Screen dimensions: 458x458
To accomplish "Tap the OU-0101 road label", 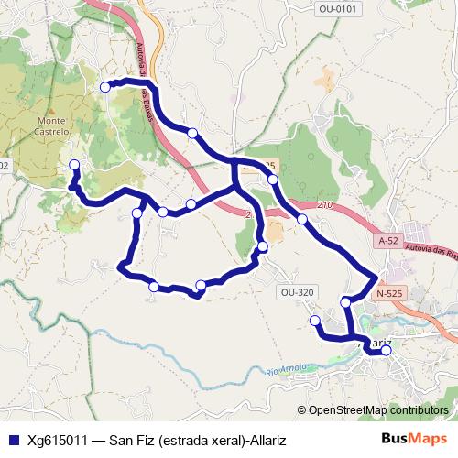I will click(338, 8).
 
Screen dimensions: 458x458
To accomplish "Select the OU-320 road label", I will click(296, 292).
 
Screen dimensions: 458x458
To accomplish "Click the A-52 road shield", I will click(388, 240).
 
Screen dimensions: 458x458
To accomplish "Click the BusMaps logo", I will click(415, 440).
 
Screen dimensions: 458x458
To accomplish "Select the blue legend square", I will click(12, 441).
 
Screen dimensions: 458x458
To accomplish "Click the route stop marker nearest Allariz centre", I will click(386, 350).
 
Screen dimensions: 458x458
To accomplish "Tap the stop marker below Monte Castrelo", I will click(74, 165).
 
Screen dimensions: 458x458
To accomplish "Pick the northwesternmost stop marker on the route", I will click(105, 87).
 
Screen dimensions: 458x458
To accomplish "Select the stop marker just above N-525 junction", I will click(345, 302).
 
